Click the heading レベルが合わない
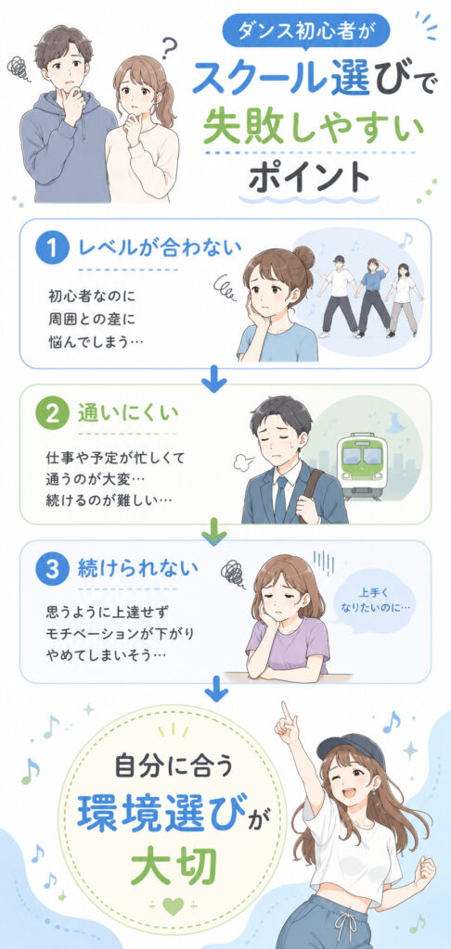pyautogui.click(x=161, y=248)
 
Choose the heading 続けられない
pyautogui.click(x=137, y=569)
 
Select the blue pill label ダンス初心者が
pyautogui.click(x=305, y=30)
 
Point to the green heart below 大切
pyautogui.click(x=173, y=906)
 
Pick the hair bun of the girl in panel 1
pyautogui.click(x=303, y=258)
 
